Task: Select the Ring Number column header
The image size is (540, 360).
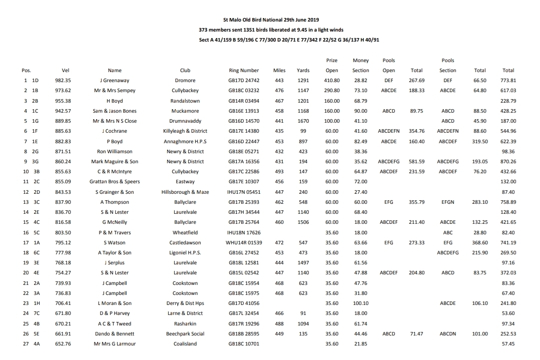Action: click(244, 71)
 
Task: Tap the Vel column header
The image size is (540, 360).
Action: click(65, 71)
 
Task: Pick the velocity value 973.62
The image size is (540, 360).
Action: click(63, 91)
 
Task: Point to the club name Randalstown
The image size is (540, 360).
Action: click(185, 101)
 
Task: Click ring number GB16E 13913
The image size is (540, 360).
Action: click(244, 111)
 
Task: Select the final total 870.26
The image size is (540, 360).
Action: click(508, 162)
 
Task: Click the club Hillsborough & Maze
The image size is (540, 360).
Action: click(185, 192)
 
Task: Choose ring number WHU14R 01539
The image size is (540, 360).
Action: click(244, 242)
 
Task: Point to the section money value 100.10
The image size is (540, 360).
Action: click(360, 303)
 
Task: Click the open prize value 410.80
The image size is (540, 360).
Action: click(332, 81)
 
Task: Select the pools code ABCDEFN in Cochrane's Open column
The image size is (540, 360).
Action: click(389, 131)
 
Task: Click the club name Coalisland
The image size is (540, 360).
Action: click(185, 344)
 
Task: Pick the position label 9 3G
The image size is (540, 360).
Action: click(31, 162)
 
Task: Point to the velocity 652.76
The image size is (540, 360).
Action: click(63, 344)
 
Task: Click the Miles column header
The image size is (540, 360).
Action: click(279, 71)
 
